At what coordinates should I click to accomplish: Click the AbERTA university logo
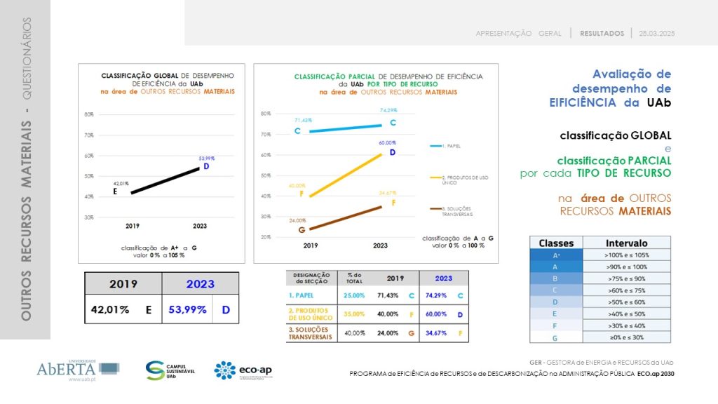tap(77, 370)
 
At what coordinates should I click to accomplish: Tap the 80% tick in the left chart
tap(89, 114)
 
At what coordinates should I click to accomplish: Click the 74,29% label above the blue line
tap(388, 111)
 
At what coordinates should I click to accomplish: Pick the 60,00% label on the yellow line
tap(388, 142)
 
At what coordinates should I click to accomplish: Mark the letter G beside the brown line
tap(302, 229)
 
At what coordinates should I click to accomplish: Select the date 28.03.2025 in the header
tap(656, 33)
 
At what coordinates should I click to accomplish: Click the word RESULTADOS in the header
tap(602, 33)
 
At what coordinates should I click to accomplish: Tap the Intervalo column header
tap(626, 243)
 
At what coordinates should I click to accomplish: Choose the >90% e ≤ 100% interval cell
tap(626, 266)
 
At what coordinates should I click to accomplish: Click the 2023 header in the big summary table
tap(200, 284)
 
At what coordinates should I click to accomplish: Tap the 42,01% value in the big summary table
tap(110, 309)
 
